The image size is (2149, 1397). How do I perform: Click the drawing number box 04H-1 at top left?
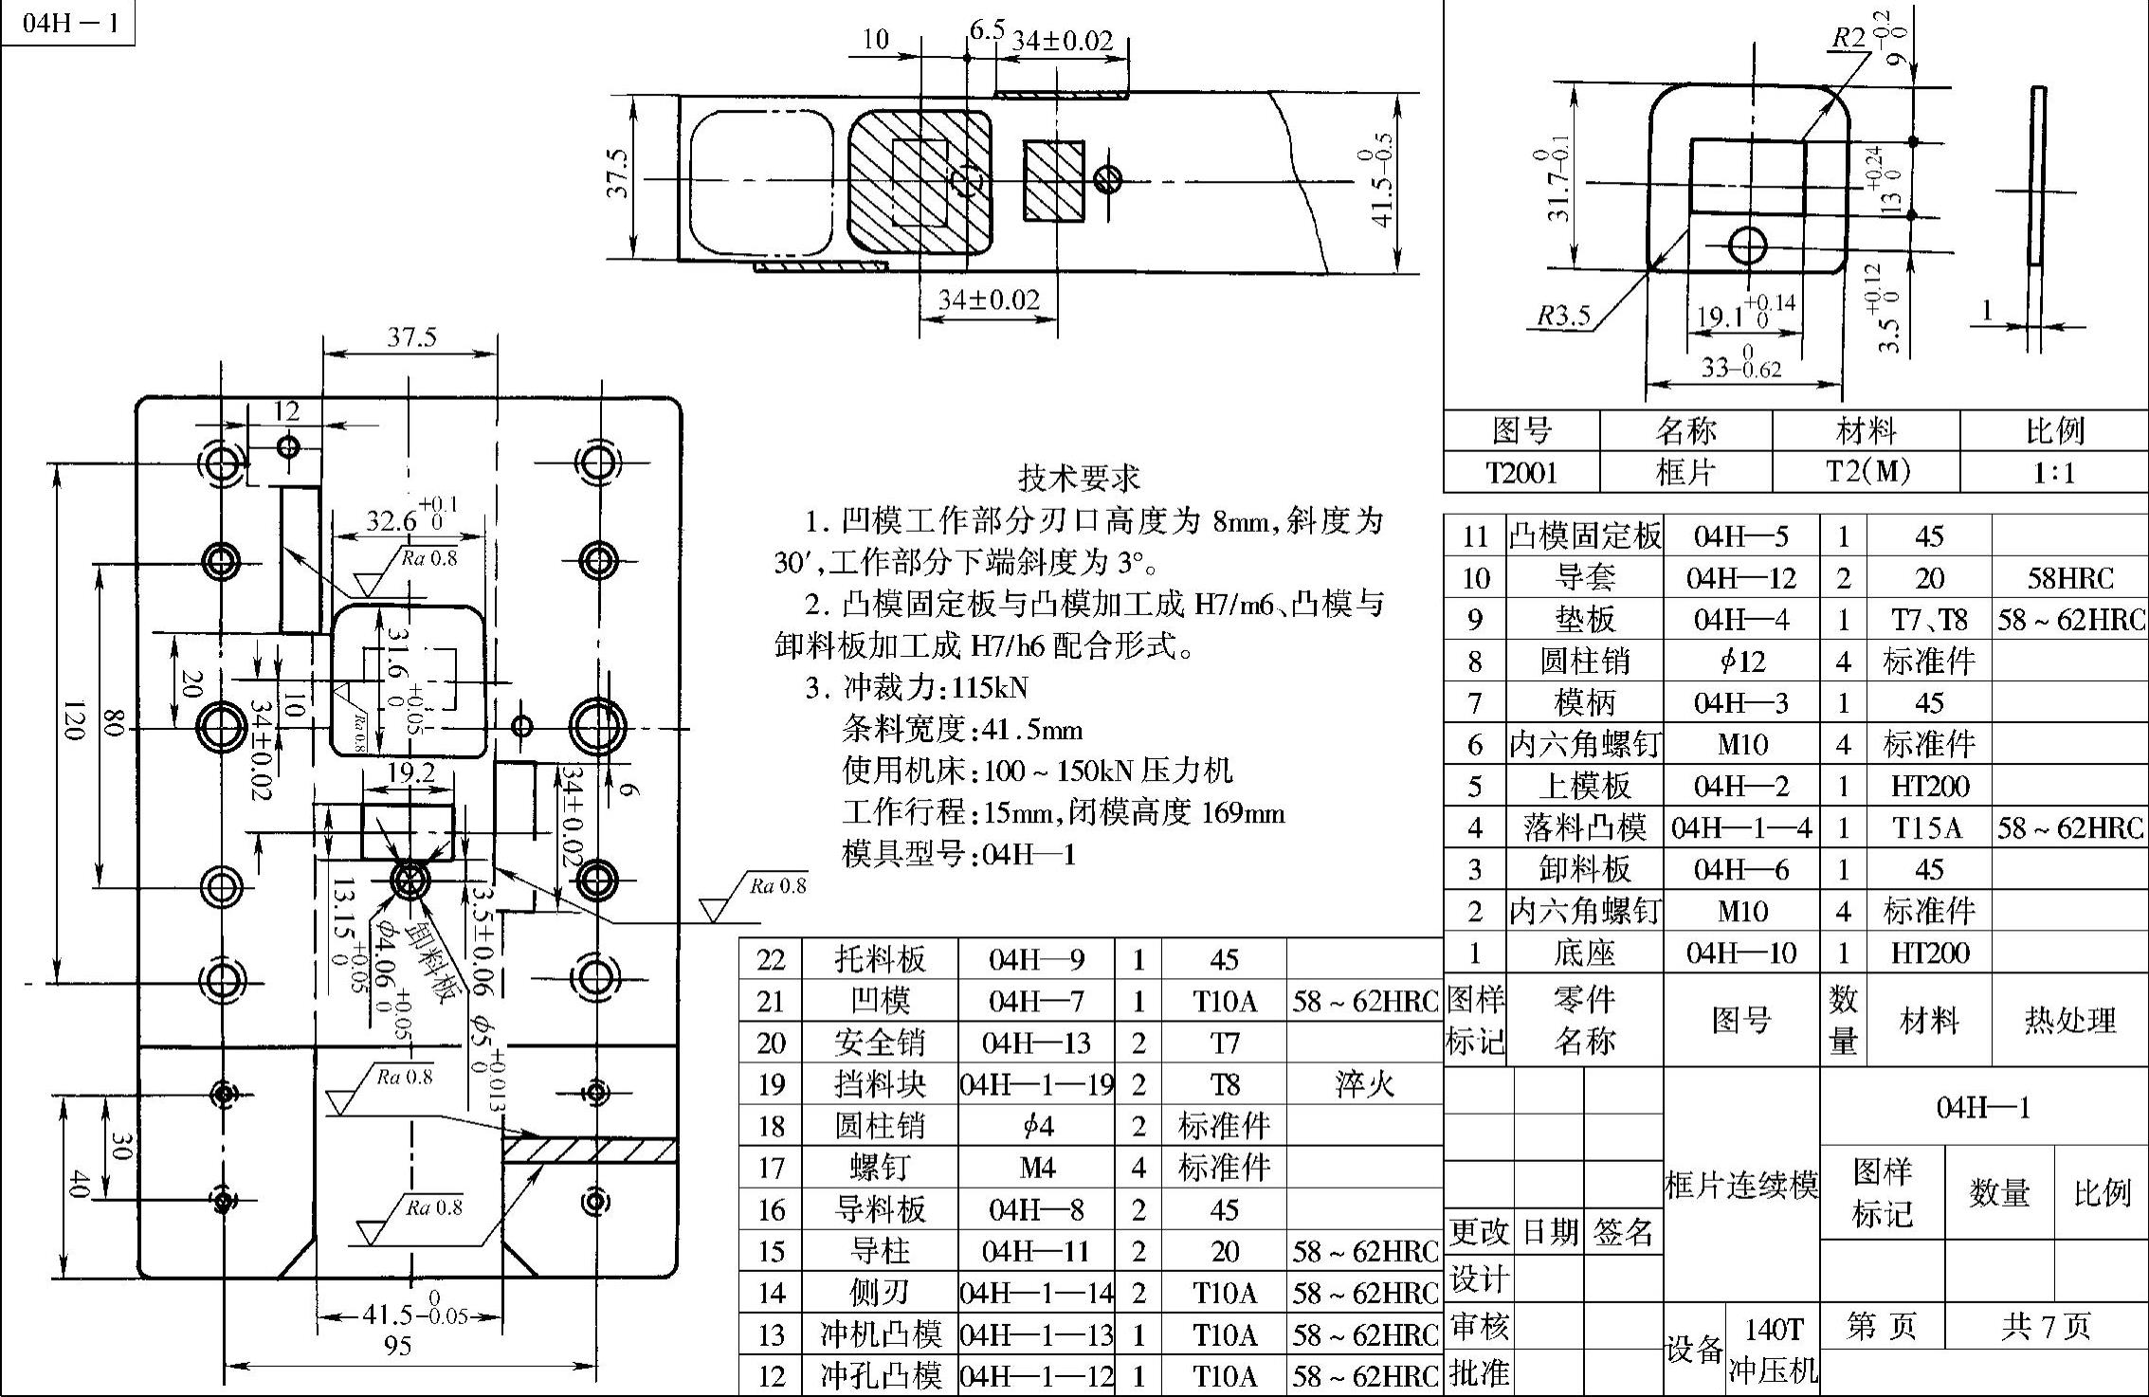point(68,23)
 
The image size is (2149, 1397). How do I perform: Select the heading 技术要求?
point(1078,478)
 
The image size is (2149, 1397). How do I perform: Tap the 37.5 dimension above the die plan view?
point(411,337)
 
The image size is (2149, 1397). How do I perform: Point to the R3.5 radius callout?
point(1562,317)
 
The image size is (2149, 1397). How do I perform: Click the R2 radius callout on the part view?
point(1849,39)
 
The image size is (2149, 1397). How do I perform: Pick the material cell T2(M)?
point(1866,471)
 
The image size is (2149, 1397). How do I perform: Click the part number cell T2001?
point(1521,471)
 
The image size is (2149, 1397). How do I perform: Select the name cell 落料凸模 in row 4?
point(1584,828)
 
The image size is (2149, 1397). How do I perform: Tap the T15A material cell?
point(1928,828)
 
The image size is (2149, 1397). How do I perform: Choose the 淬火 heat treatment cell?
point(1364,1084)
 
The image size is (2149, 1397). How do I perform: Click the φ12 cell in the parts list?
point(1741,662)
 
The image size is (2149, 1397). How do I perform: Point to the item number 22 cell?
point(771,959)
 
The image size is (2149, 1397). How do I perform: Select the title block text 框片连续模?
point(1741,1185)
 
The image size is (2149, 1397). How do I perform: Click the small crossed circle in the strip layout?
point(1107,179)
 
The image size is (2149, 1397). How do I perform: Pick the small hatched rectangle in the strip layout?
point(1053,182)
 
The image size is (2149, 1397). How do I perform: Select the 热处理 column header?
point(2069,1021)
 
